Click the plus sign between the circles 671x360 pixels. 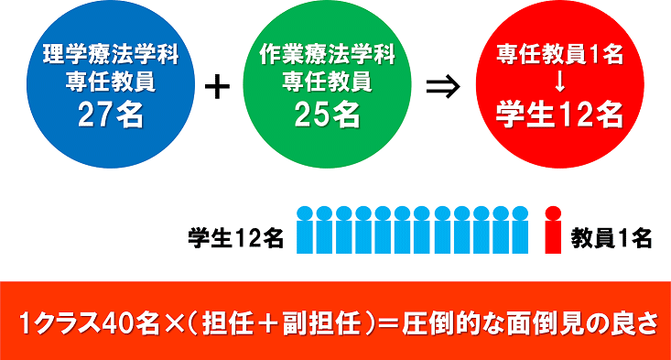click(x=216, y=88)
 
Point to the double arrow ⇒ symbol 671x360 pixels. click(x=442, y=88)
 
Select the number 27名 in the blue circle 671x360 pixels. click(x=109, y=114)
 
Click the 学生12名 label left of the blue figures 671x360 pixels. click(x=235, y=238)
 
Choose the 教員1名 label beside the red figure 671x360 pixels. click(x=611, y=238)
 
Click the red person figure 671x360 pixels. click(x=552, y=230)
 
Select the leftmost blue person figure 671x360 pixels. click(x=305, y=230)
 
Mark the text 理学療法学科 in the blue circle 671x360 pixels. click(x=109, y=55)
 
